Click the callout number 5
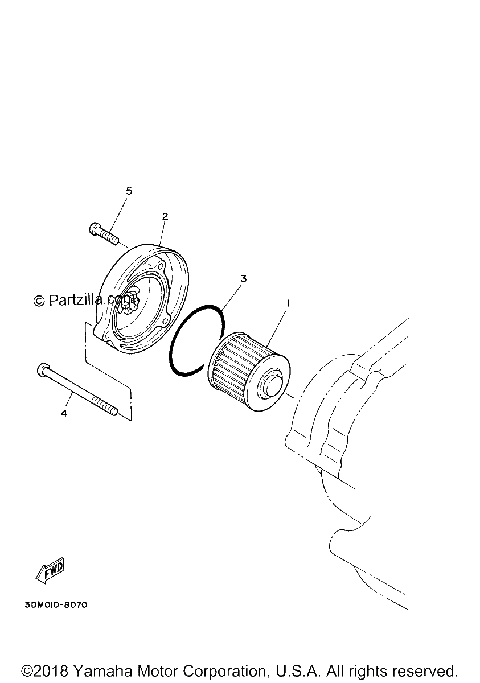pyautogui.click(x=129, y=191)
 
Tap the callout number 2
pyautogui.click(x=165, y=216)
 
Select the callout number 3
pyautogui.click(x=243, y=279)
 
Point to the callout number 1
pyautogui.click(x=288, y=303)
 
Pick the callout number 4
pyautogui.click(x=64, y=413)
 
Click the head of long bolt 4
pyautogui.click(x=43, y=369)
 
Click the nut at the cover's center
pyautogui.click(x=130, y=301)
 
